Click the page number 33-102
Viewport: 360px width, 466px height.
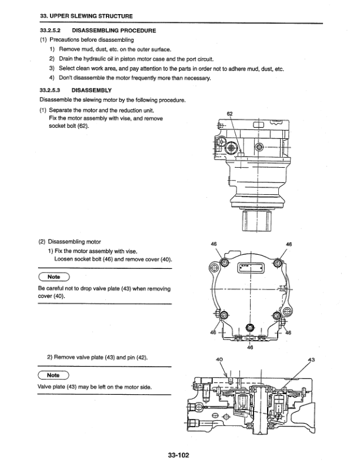tap(178, 455)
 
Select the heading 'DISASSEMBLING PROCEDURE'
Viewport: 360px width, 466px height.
tap(114, 31)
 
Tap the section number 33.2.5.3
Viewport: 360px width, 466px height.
tap(50, 90)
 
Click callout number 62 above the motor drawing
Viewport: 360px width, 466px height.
tap(229, 114)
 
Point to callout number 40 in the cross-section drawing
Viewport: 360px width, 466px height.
tap(219, 360)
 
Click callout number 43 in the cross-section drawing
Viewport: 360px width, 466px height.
tap(311, 360)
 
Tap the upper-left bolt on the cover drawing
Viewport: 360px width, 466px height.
tap(225, 262)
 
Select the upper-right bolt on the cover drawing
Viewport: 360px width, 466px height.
tap(277, 262)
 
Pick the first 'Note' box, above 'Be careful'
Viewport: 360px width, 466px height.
tap(54, 277)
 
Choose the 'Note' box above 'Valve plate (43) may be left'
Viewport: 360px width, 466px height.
tap(53, 375)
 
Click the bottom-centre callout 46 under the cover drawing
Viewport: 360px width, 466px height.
tap(250, 347)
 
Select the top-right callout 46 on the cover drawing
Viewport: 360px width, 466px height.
tap(289, 244)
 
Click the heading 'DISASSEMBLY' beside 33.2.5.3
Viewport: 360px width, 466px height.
tap(92, 90)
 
